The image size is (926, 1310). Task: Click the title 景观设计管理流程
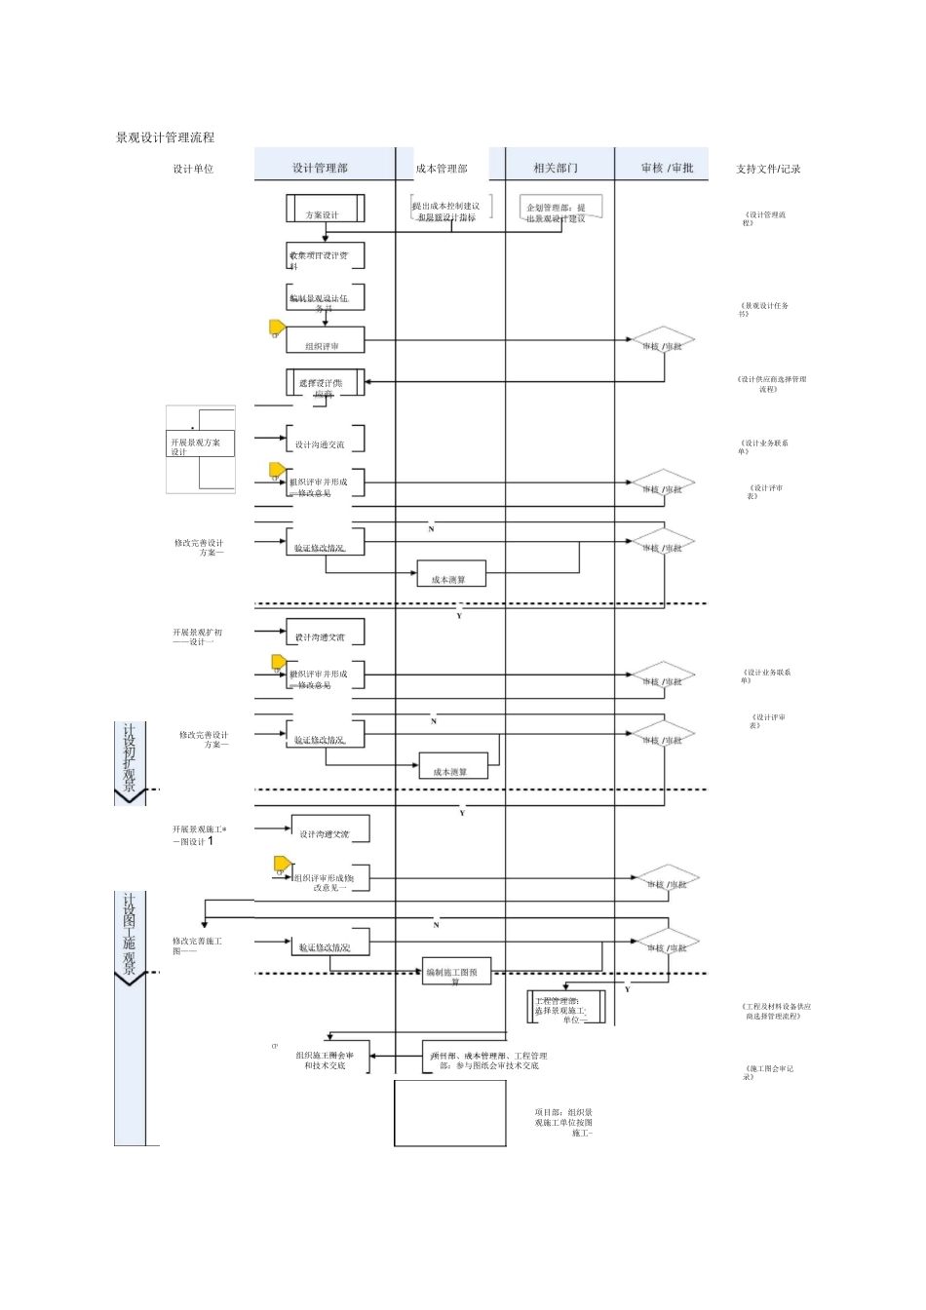(165, 138)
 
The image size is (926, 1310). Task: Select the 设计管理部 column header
(320, 168)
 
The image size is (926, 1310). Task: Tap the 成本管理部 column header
(442, 169)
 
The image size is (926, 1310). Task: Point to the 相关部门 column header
(556, 168)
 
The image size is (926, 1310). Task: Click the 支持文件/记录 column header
(768, 169)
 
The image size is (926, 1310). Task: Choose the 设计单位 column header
(193, 169)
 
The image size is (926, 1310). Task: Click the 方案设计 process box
(325, 210)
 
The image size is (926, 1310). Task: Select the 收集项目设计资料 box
(325, 257)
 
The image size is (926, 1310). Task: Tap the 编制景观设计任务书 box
(325, 299)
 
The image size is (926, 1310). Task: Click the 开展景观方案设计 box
(200, 444)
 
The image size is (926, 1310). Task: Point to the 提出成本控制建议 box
(447, 210)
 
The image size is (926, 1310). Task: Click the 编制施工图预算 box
(455, 973)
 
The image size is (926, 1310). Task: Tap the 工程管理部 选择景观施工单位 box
(568, 1008)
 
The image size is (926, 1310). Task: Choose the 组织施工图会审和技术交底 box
(327, 1060)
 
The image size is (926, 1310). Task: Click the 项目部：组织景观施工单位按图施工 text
(563, 1123)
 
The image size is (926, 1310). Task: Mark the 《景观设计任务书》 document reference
(763, 309)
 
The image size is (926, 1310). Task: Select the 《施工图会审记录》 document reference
(768, 1072)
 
